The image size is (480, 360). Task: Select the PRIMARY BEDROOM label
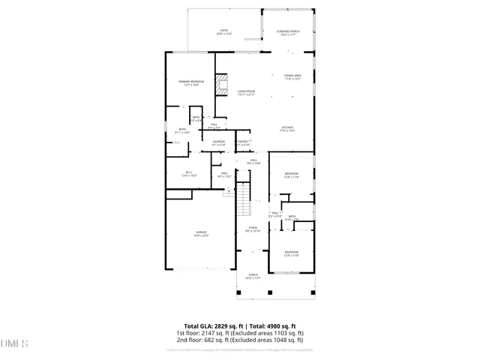tap(191, 82)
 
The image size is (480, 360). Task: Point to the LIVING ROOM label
tap(246, 92)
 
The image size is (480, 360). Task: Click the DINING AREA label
tap(292, 76)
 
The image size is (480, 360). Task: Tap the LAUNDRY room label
tap(218, 143)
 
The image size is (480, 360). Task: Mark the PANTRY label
tap(243, 143)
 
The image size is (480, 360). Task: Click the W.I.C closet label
tap(190, 174)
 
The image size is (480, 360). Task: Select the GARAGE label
tap(202, 234)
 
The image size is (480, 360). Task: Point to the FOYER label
tap(253, 229)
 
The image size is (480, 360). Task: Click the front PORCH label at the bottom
tap(253, 276)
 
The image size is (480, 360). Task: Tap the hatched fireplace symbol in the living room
tap(221, 85)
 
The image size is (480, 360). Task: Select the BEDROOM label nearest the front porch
tap(292, 253)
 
